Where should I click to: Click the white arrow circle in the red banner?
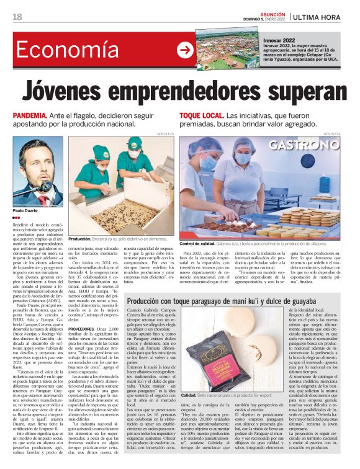pos(184,50)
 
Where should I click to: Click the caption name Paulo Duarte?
pos(26,212)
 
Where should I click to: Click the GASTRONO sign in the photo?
pos(305,146)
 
